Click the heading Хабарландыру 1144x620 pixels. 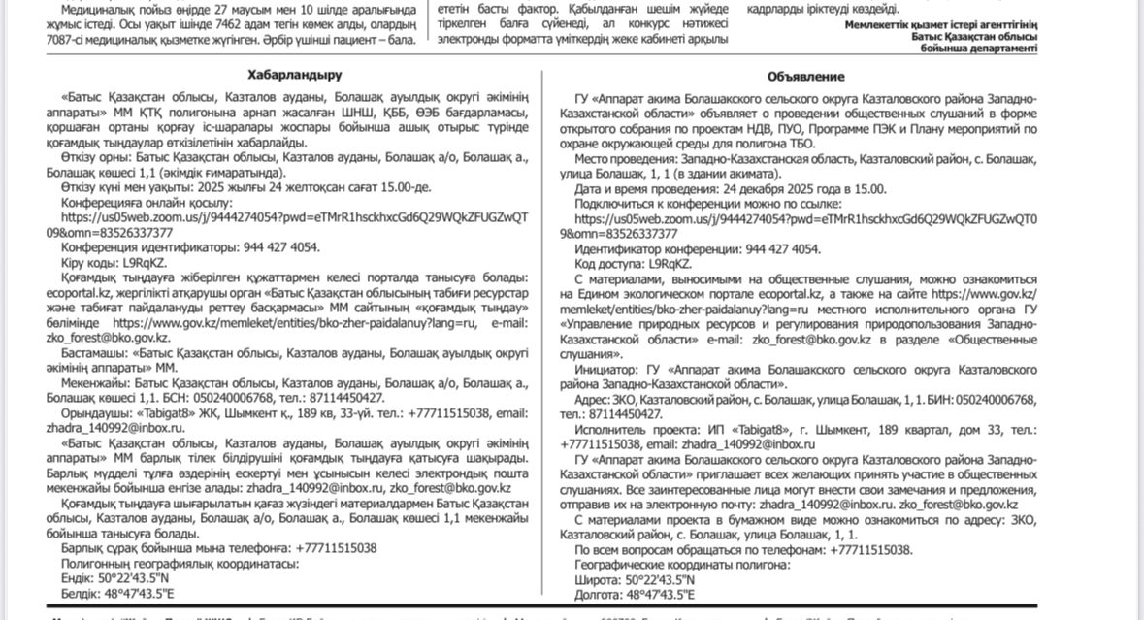pos(294,75)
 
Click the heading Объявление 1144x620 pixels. pos(805,76)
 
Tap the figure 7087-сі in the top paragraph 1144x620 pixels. pos(70,39)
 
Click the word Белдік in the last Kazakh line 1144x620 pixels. pos(81,593)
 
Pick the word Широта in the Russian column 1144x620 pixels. pos(597,579)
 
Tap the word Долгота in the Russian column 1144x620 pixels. pos(599,594)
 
